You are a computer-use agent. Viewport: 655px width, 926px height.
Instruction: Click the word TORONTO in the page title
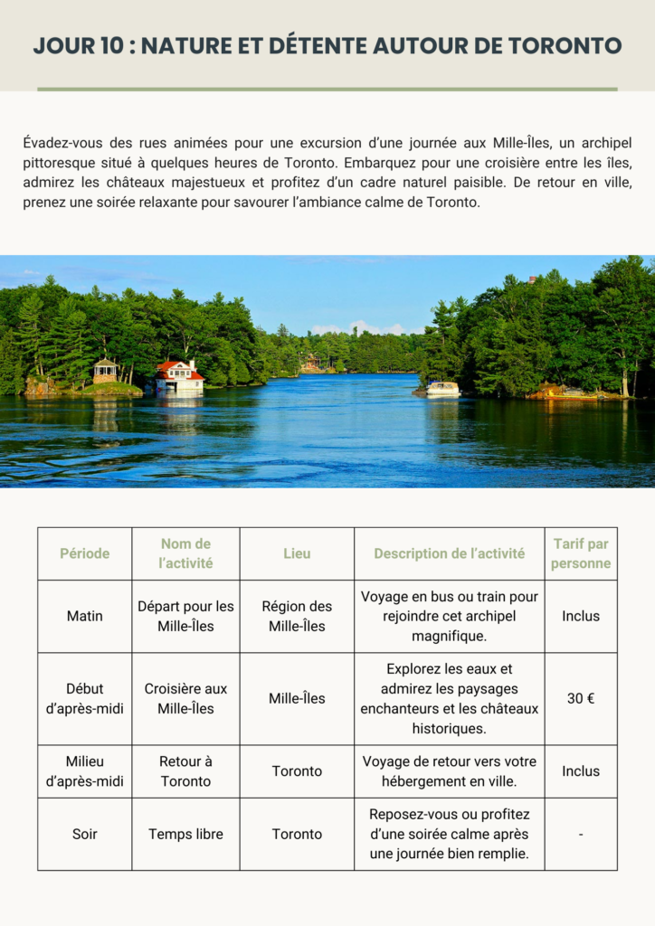pyautogui.click(x=565, y=45)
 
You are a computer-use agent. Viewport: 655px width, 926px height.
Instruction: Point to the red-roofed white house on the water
pyautogui.click(x=179, y=375)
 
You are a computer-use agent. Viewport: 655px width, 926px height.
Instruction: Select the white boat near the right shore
pyautogui.click(x=442, y=389)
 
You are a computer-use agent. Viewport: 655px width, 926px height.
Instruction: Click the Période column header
pyautogui.click(x=84, y=553)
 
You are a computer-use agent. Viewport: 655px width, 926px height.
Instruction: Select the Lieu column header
pyautogui.click(x=297, y=553)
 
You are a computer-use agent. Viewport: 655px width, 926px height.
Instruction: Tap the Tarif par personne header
pyautogui.click(x=581, y=553)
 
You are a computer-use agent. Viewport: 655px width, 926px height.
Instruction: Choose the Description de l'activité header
pyautogui.click(x=449, y=553)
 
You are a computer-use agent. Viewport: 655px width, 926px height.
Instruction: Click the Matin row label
pyautogui.click(x=84, y=616)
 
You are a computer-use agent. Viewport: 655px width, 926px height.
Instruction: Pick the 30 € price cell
pyautogui.click(x=581, y=698)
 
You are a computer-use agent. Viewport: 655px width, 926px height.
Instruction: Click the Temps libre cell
pyautogui.click(x=185, y=834)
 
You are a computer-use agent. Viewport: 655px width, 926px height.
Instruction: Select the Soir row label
pyautogui.click(x=84, y=834)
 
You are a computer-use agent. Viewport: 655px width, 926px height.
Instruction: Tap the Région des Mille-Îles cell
pyautogui.click(x=297, y=616)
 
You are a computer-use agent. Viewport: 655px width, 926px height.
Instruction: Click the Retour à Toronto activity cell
pyautogui.click(x=185, y=771)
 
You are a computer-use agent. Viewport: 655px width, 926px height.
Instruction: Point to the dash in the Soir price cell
pyautogui.click(x=581, y=834)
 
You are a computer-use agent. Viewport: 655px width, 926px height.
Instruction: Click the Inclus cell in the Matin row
pyautogui.click(x=581, y=616)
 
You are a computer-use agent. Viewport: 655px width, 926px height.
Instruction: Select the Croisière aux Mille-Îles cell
pyautogui.click(x=185, y=698)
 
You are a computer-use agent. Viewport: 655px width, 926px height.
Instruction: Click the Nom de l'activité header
pyautogui.click(x=185, y=553)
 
